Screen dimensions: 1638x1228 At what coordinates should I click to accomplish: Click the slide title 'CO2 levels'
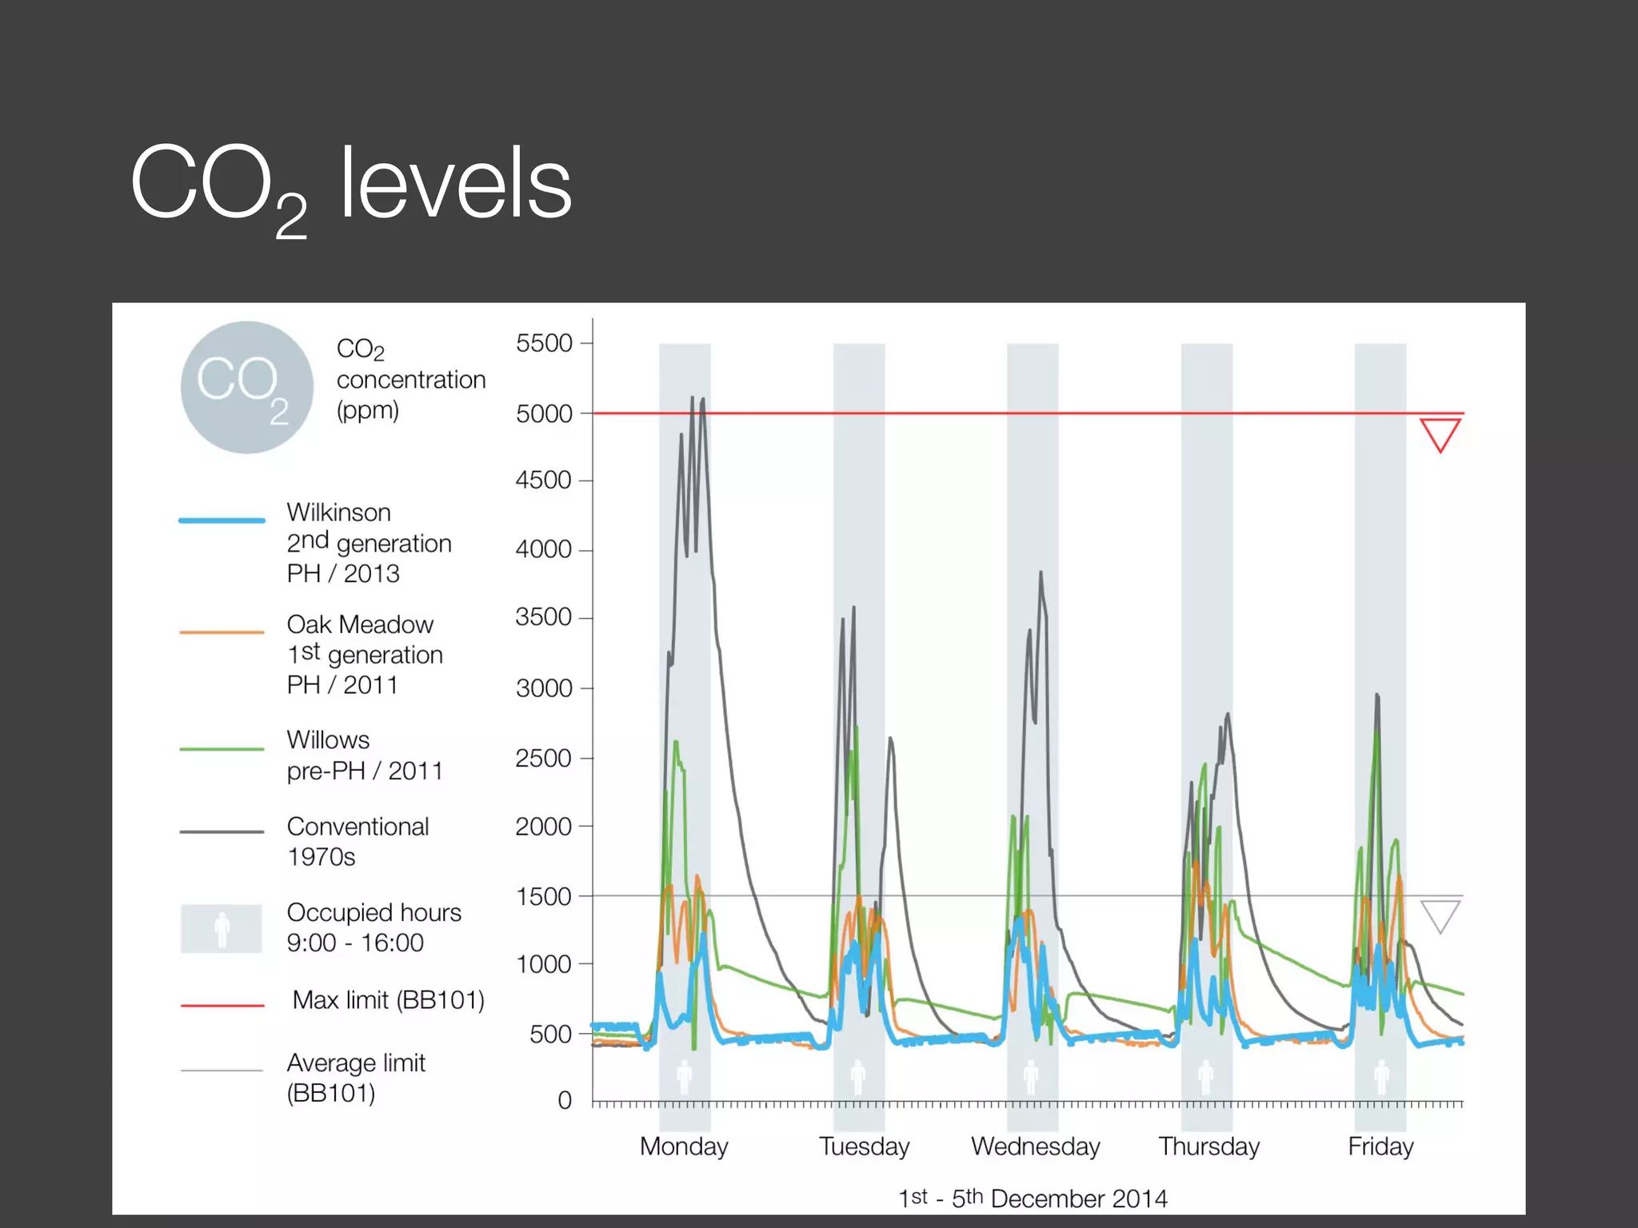click(351, 186)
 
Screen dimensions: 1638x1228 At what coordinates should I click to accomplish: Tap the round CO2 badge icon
click(246, 388)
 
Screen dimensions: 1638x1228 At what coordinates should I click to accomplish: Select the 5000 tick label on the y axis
click(544, 413)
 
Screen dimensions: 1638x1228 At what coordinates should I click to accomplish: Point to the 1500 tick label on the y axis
click(544, 896)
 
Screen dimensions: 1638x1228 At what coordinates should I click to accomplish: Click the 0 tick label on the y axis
click(565, 1100)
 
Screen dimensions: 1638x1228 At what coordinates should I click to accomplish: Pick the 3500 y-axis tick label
click(544, 617)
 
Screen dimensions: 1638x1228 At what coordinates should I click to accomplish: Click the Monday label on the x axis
click(684, 1146)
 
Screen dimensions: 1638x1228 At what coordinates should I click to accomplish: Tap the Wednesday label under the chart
click(1036, 1146)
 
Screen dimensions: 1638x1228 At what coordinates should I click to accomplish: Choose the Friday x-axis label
click(1380, 1146)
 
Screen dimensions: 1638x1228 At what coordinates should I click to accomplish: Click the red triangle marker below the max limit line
click(1440, 432)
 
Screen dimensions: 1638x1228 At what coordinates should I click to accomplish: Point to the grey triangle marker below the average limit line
click(1440, 913)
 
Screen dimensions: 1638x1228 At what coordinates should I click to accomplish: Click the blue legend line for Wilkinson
click(222, 520)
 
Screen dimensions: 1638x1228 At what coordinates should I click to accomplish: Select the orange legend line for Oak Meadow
click(222, 632)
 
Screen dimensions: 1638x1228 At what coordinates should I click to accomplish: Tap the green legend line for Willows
click(222, 749)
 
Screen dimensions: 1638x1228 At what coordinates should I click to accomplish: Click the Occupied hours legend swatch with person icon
click(222, 928)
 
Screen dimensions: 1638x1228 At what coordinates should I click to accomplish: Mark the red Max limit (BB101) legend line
click(222, 1005)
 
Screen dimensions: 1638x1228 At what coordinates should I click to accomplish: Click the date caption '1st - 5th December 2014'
click(1033, 1198)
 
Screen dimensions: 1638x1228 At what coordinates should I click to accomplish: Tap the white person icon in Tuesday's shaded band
click(858, 1077)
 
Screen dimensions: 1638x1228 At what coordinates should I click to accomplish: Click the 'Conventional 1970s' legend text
click(358, 841)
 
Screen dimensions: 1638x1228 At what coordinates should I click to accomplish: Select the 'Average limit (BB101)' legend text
click(356, 1078)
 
